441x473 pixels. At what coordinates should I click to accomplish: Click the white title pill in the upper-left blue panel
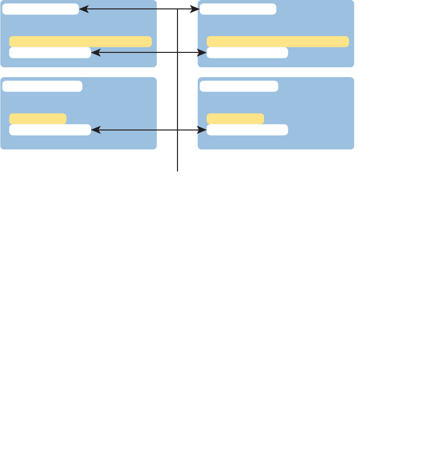41,9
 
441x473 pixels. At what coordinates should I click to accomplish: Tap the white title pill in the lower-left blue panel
42,86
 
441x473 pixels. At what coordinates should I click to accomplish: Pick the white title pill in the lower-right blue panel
239,86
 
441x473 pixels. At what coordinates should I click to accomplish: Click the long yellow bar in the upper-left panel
81,42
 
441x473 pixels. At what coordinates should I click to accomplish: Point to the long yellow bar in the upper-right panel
277,42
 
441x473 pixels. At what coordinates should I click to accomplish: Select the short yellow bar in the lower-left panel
38,119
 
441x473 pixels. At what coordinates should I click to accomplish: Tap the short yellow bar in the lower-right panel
235,119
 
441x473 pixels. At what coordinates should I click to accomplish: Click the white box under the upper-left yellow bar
50,52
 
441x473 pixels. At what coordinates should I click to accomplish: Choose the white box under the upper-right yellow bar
247,52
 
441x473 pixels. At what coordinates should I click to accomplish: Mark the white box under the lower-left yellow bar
50,130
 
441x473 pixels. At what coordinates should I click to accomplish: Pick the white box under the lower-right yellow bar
247,130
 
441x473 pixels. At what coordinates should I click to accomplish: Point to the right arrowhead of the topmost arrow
196,9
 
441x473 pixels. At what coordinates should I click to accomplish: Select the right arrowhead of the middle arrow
202,52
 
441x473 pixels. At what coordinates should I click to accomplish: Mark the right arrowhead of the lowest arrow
202,130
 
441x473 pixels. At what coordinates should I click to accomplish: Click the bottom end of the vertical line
177,171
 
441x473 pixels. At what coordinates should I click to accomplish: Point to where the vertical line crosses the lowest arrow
177,130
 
